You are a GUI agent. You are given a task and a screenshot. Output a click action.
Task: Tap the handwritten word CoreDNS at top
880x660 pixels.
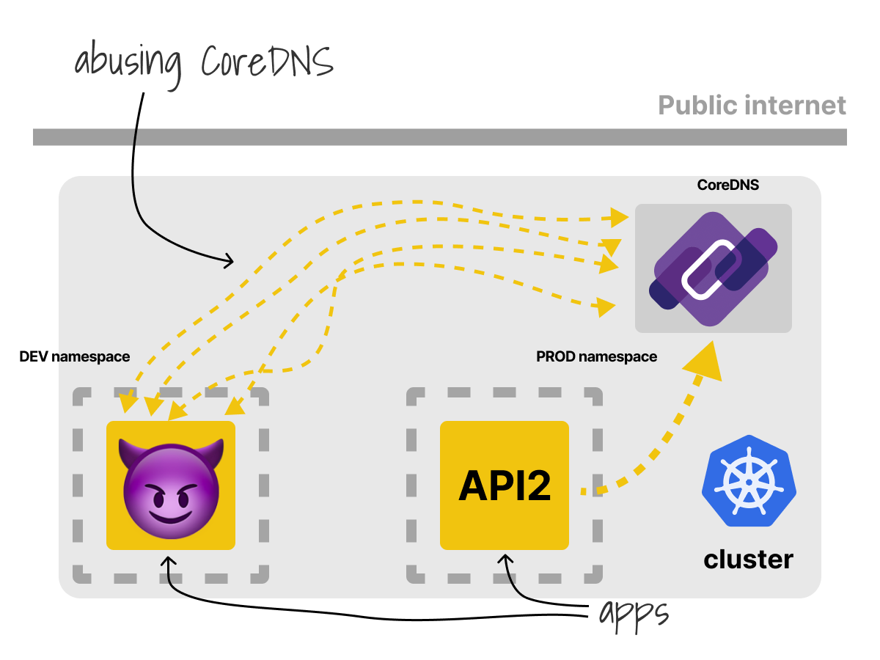point(267,61)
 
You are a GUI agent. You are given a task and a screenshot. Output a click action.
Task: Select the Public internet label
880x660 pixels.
point(752,106)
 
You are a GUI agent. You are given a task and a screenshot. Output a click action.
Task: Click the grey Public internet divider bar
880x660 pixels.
point(440,137)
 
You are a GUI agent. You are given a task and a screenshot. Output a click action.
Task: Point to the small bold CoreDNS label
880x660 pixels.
point(727,185)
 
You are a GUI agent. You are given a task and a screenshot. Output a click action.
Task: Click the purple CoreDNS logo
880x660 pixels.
point(714,268)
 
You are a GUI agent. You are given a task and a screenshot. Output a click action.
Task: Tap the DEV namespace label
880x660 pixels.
point(75,356)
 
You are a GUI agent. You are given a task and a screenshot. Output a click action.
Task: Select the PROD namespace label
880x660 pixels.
point(596,356)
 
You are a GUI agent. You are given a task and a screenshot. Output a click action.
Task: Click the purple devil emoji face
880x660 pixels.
point(171,489)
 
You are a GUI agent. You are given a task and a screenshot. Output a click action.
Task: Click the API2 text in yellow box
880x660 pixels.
point(505,485)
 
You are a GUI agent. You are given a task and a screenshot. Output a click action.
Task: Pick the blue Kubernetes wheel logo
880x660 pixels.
point(749,481)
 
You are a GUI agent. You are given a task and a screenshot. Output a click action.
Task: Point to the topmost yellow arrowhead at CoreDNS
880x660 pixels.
point(620,218)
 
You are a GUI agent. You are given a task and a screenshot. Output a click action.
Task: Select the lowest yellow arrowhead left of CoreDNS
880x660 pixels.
point(606,307)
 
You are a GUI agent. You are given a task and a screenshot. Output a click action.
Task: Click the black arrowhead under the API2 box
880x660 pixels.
point(505,560)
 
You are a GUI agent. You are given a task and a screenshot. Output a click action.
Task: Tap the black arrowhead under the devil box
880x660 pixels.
point(169,561)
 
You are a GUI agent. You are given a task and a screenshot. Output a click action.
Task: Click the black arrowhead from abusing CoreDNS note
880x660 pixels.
point(229,260)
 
